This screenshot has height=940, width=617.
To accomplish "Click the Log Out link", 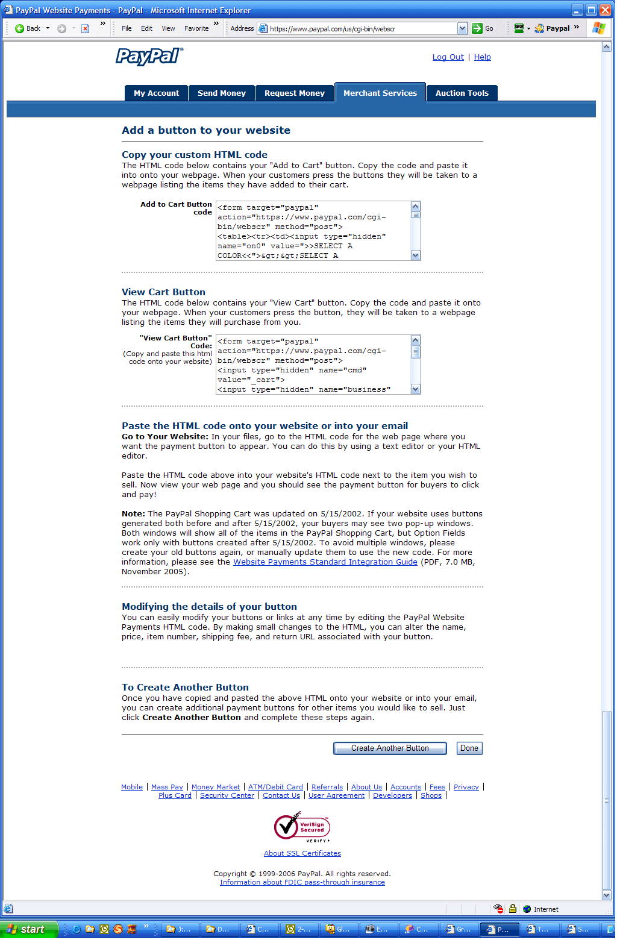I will tap(448, 57).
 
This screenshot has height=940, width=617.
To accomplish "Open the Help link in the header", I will tap(482, 57).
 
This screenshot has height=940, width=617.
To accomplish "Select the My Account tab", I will tap(156, 93).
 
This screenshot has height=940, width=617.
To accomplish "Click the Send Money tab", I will tap(221, 93).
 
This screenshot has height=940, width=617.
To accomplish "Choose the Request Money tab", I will tap(294, 93).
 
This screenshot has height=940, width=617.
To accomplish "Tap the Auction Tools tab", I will tap(462, 93).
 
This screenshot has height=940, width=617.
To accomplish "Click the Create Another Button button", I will tap(390, 748).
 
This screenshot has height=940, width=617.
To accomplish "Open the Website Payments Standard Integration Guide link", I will tap(325, 562).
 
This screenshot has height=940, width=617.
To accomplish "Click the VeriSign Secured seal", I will tap(302, 827).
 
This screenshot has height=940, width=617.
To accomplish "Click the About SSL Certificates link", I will tap(302, 853).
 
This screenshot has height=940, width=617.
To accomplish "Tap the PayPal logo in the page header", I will tap(149, 56).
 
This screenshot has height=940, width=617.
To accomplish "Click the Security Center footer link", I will tap(227, 795).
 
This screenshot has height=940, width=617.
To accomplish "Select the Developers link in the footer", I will tap(392, 795).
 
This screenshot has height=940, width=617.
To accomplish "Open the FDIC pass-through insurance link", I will tap(302, 882).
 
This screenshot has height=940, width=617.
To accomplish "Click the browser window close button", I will tap(605, 10).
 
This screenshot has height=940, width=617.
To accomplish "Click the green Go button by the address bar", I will tap(483, 28).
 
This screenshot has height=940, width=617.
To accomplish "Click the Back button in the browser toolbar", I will tap(28, 28).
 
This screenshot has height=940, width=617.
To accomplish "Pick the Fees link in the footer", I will tap(437, 787).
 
